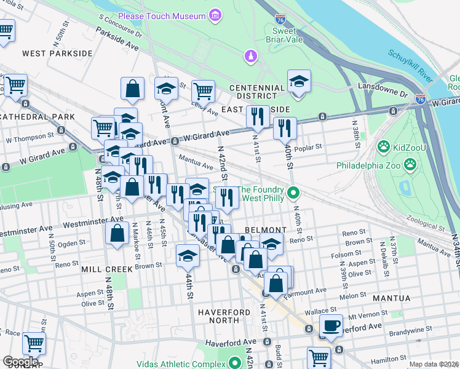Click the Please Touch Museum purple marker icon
pos(215,14)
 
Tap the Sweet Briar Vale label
pos(292,36)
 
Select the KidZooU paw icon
pos(384,146)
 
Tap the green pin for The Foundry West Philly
pos(294,194)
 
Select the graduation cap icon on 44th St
pos(188,256)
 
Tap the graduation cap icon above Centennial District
pos(299,81)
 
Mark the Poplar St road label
pos(309,148)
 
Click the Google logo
pos(20,362)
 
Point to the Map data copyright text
pos(434,364)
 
